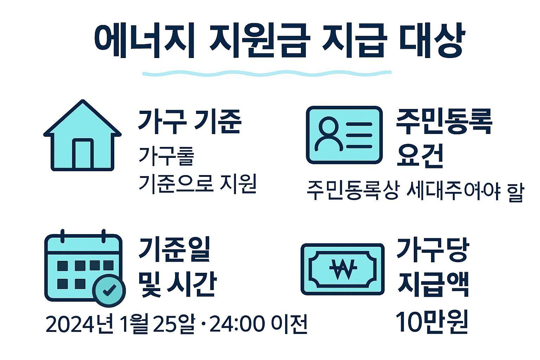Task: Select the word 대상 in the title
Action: tap(432, 41)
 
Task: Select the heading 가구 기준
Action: tap(189, 122)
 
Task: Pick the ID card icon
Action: tap(344, 135)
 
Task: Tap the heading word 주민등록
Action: tap(444, 122)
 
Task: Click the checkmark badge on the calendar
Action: tap(109, 290)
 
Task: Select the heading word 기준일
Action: tap(175, 250)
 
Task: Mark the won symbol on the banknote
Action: tap(343, 269)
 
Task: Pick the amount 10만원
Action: tap(432, 321)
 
